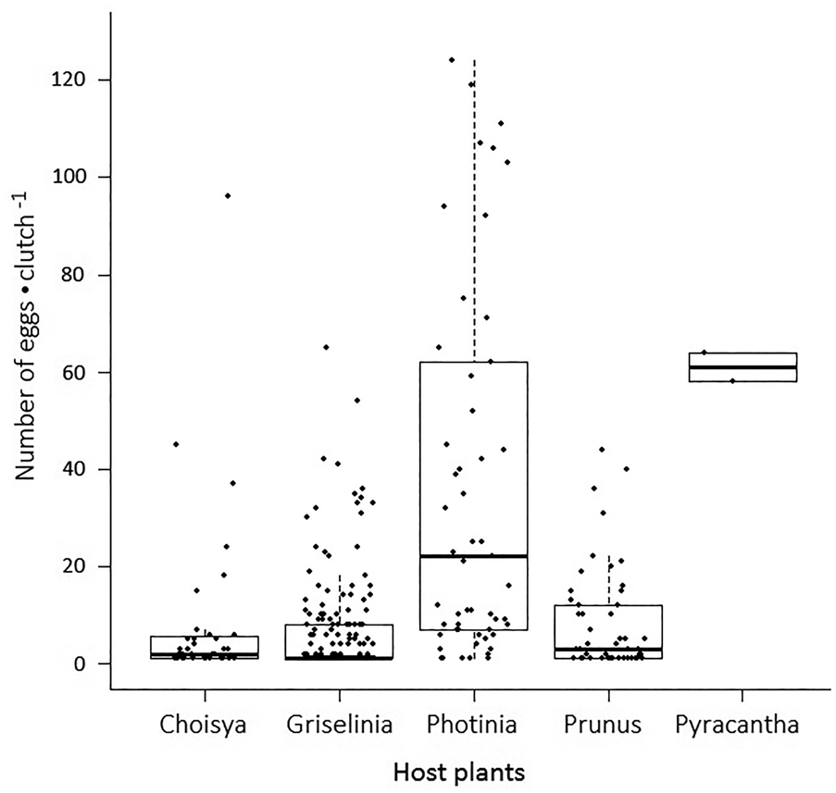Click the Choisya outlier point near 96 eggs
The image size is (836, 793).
coord(228,195)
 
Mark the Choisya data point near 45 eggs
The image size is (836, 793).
coord(176,444)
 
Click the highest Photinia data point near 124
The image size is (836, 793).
coord(451,60)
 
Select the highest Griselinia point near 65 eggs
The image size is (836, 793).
coord(326,347)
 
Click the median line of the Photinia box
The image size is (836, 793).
coord(474,556)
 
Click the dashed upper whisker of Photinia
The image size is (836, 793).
coord(474,204)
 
